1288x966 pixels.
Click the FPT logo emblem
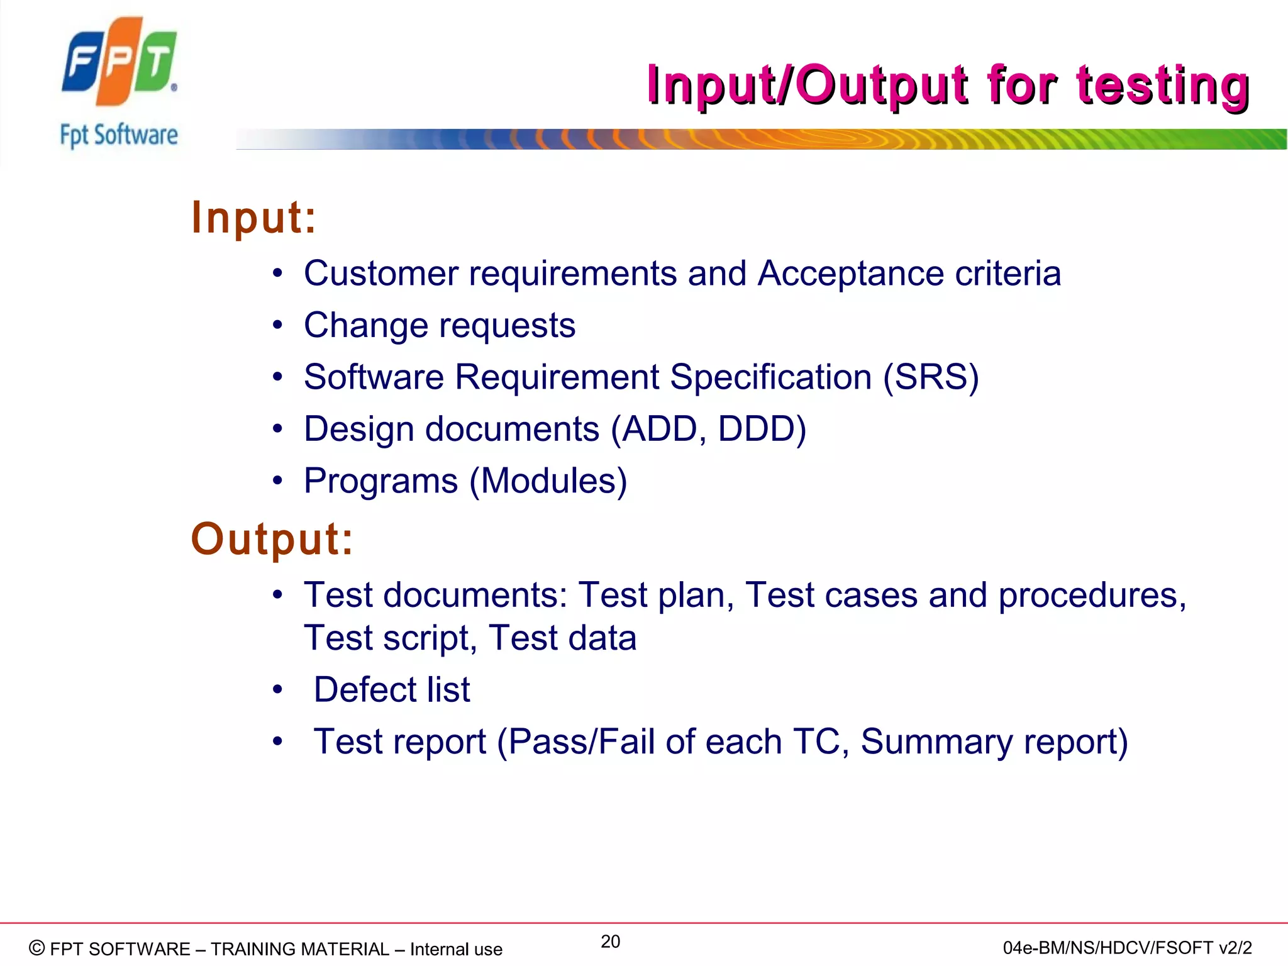pyautogui.click(x=119, y=62)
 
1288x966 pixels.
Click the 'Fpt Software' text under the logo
pyautogui.click(x=119, y=135)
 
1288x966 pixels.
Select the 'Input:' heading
pyautogui.click(x=254, y=218)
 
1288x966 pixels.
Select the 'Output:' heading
pyautogui.click(x=272, y=539)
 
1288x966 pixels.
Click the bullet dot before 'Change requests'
pyautogui.click(x=278, y=326)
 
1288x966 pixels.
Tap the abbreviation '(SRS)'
pyautogui.click(x=931, y=377)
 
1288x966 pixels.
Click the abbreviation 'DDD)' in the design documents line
pyautogui.click(x=762, y=429)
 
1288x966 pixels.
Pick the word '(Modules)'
pyautogui.click(x=548, y=481)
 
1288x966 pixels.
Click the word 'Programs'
pyautogui.click(x=381, y=481)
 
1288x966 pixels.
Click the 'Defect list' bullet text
pyautogui.click(x=392, y=689)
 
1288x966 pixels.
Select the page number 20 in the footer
pyautogui.click(x=610, y=941)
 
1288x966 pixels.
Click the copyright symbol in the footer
pyautogui.click(x=37, y=948)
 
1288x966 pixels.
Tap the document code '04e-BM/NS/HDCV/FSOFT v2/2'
pyautogui.click(x=1127, y=948)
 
